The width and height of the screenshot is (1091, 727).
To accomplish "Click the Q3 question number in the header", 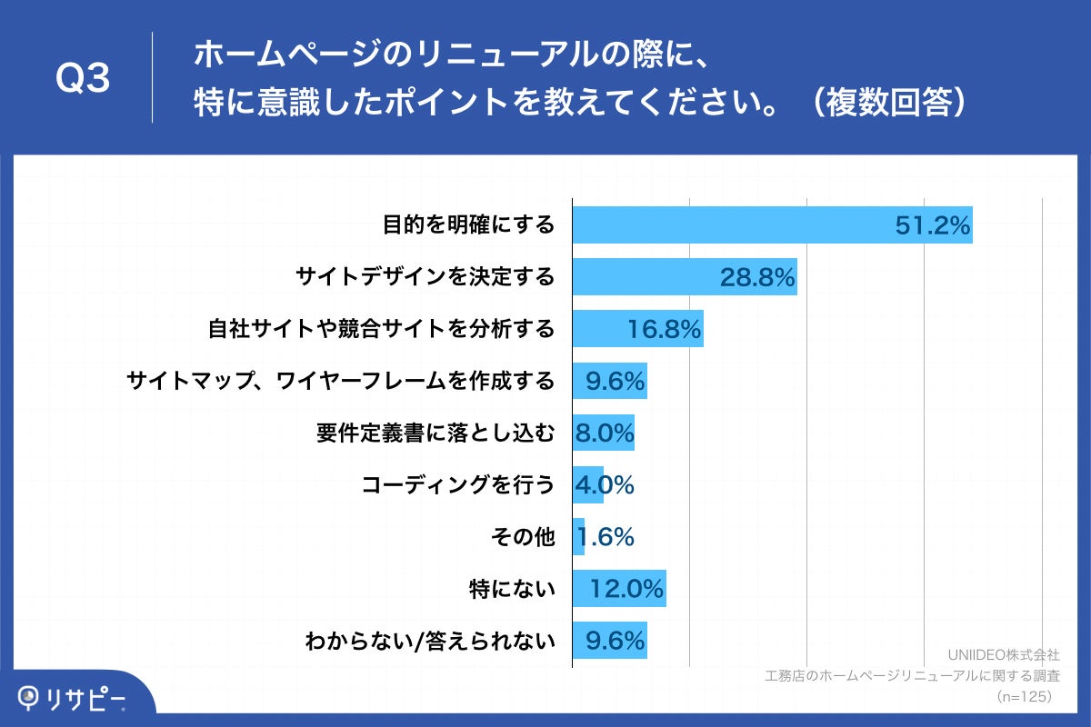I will [83, 80].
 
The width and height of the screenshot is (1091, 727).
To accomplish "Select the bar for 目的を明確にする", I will [727, 224].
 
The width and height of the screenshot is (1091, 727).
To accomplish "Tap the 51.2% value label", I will [933, 225].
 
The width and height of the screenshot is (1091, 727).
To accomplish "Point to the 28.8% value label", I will [757, 277].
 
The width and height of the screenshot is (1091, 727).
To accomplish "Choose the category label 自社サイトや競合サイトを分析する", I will [381, 329].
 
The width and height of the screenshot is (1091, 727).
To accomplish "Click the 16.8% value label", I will [664, 330].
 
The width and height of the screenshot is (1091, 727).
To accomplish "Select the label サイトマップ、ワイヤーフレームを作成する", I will [341, 381].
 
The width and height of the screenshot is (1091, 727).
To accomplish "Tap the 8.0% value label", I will [604, 433].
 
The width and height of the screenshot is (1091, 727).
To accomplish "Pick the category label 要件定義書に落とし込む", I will [435, 433].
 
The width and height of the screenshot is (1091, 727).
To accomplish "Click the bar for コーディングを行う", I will [587, 485].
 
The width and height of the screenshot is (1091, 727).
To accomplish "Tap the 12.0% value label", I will [626, 590].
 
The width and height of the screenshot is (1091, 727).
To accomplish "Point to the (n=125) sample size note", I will [1025, 696].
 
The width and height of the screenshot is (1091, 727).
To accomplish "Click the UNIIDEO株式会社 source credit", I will [1003, 654].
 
